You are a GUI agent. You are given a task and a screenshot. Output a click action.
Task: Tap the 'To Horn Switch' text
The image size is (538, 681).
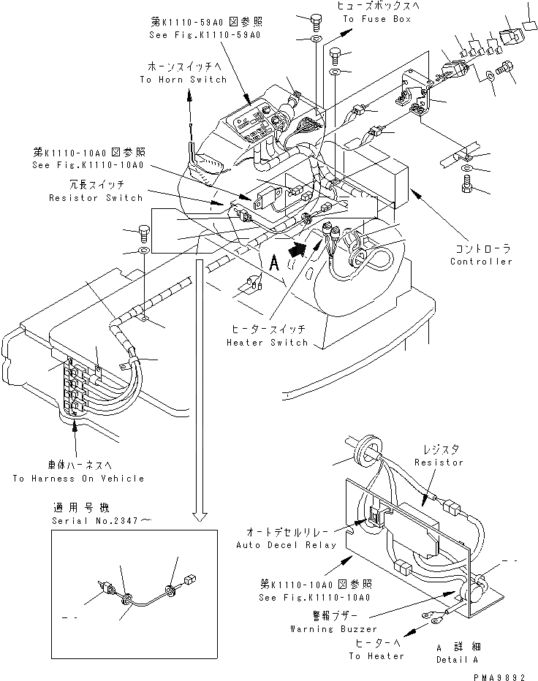pyautogui.click(x=183, y=79)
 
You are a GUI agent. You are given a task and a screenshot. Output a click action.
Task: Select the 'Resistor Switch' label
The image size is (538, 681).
pyautogui.click(x=96, y=198)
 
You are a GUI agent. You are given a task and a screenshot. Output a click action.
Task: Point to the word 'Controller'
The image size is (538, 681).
pyautogui.click(x=481, y=262)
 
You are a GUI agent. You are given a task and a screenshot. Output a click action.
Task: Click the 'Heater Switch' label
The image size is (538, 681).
pyautogui.click(x=268, y=342)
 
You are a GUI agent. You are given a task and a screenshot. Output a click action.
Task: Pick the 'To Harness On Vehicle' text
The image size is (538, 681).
pyautogui.click(x=78, y=479)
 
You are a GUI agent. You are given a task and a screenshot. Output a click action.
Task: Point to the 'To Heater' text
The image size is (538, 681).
pyautogui.click(x=376, y=655)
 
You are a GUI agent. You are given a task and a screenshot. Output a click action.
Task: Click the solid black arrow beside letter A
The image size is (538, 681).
pyautogui.click(x=296, y=248)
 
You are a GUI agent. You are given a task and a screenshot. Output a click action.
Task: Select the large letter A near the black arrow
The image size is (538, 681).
pyautogui.click(x=274, y=261)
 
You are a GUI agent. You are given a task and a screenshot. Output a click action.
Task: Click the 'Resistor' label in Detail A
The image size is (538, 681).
pyautogui.click(x=439, y=463)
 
